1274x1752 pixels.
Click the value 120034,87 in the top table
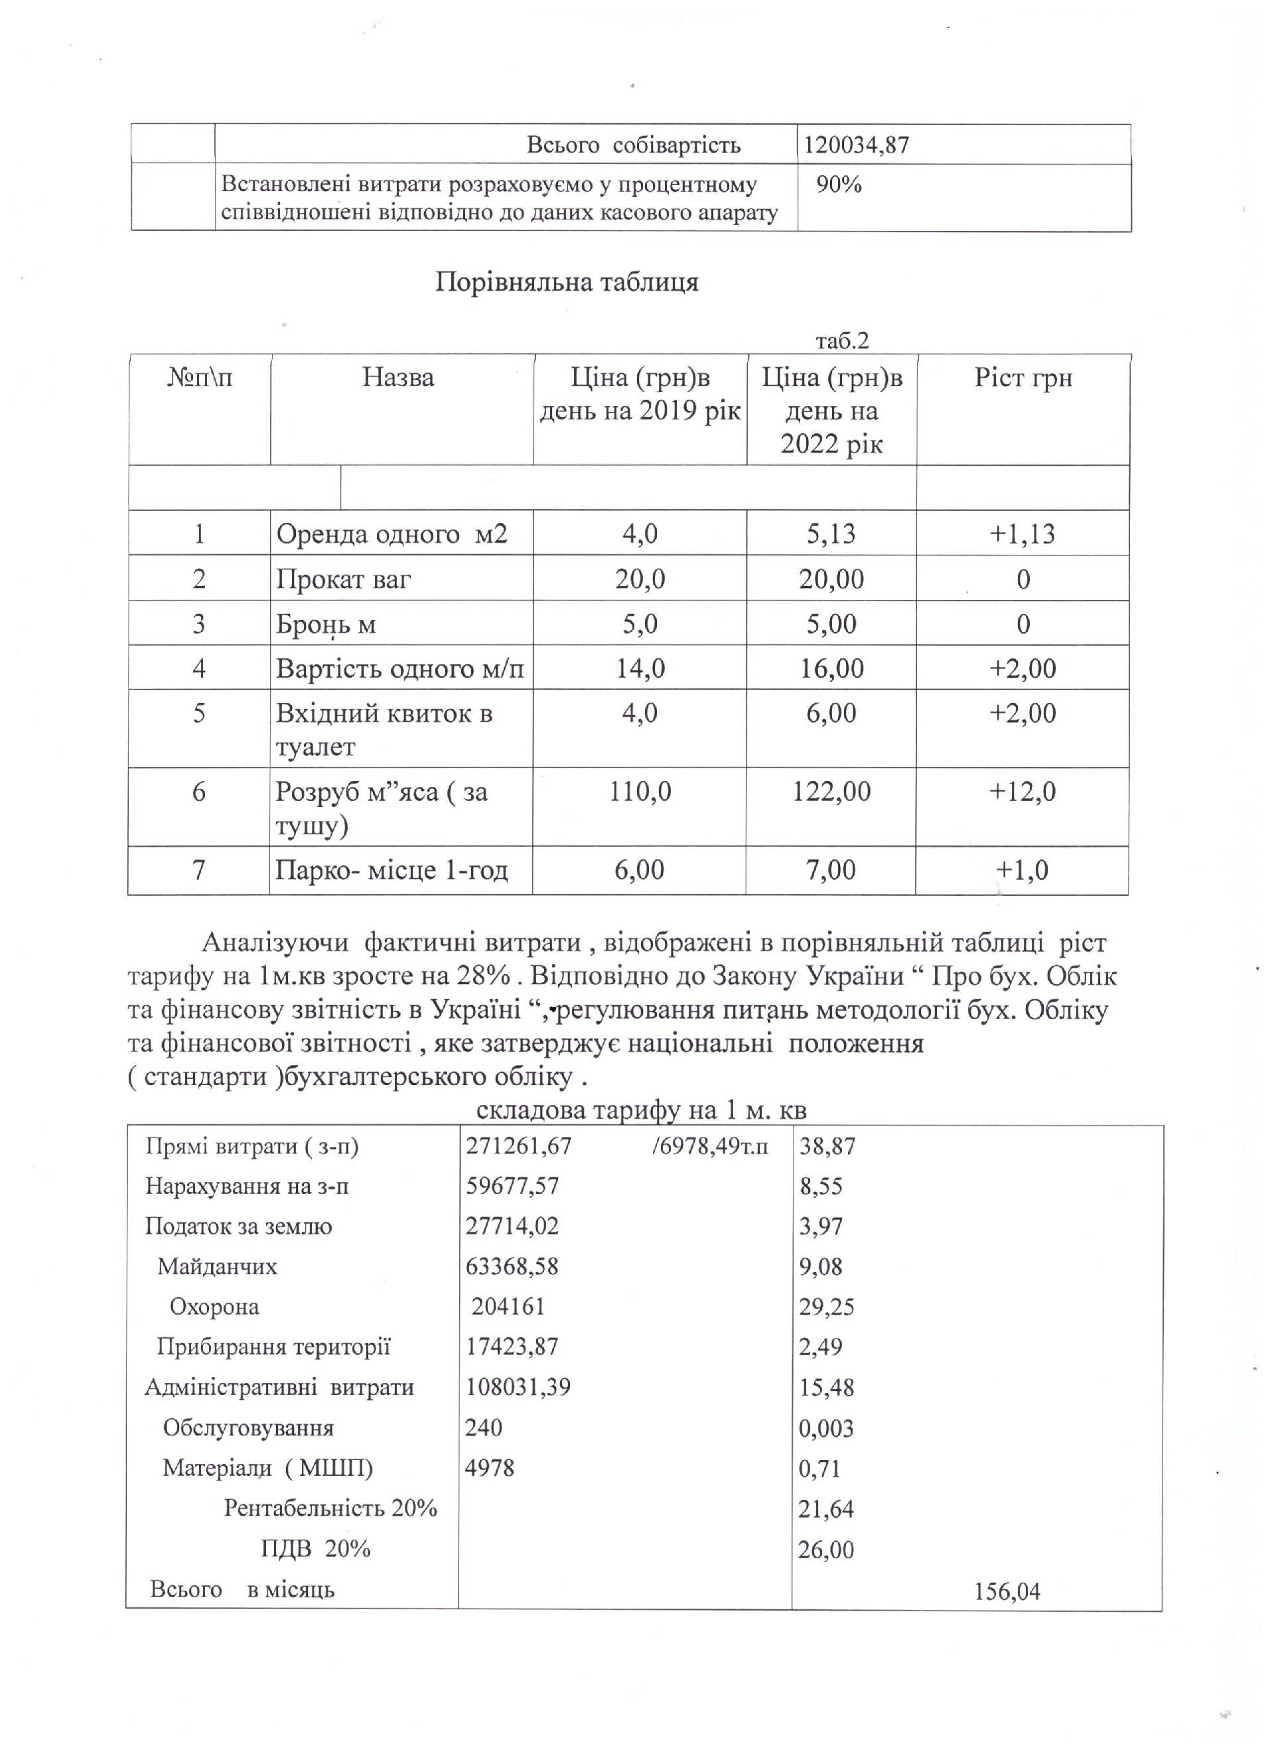(x=856, y=145)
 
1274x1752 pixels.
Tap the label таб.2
(x=842, y=340)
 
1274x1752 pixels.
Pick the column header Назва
(x=398, y=378)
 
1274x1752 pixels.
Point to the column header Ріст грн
(x=1023, y=378)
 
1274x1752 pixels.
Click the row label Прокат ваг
(x=343, y=579)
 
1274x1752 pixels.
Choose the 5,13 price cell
(x=831, y=534)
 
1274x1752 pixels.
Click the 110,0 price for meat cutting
(x=640, y=791)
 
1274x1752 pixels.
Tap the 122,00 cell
(x=831, y=791)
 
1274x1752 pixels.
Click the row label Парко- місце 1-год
(x=391, y=871)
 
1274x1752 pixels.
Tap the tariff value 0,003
(x=825, y=1428)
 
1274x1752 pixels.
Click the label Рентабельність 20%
(x=330, y=1508)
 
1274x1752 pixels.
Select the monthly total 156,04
(x=1007, y=1592)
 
